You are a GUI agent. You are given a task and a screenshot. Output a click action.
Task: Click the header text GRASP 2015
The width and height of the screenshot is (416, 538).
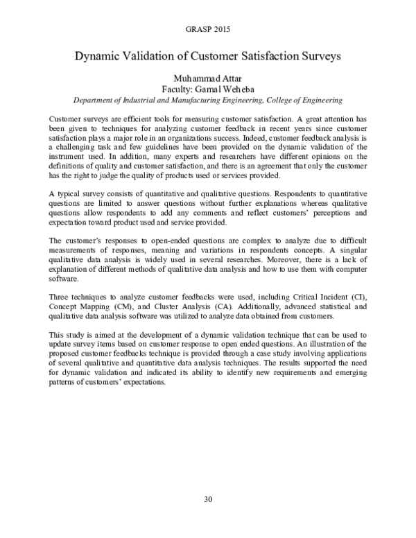207,30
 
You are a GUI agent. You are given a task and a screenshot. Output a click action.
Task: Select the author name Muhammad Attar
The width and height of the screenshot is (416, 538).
207,78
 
